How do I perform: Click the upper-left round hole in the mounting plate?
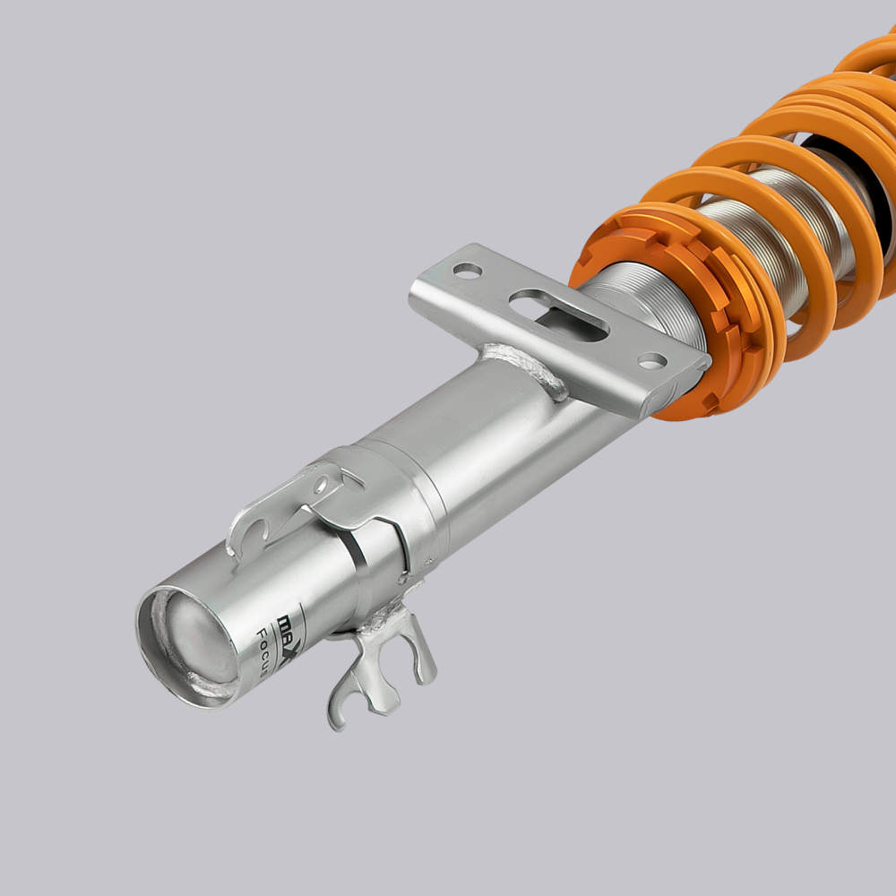(467, 269)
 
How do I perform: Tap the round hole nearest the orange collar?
(652, 361)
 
